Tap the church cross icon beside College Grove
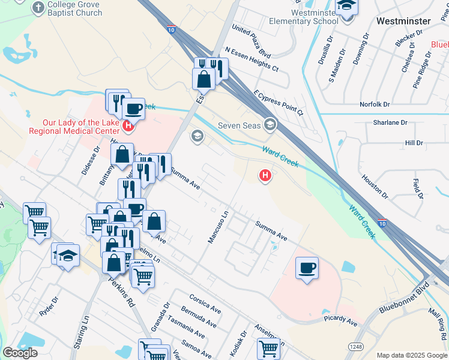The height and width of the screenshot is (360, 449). tap(38, 7)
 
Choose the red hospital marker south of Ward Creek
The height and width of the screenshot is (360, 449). tap(264, 175)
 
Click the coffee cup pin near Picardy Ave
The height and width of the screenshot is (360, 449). tap(307, 268)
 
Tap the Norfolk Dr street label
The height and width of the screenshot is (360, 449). tap(375, 104)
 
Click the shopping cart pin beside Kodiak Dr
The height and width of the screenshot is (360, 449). tap(268, 348)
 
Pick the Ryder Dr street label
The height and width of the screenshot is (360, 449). tap(49, 307)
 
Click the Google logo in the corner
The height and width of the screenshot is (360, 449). tap(20, 352)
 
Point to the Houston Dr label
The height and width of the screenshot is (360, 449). tap(376, 187)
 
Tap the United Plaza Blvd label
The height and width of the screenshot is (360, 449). tap(252, 37)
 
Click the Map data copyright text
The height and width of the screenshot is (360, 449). tap(412, 355)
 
